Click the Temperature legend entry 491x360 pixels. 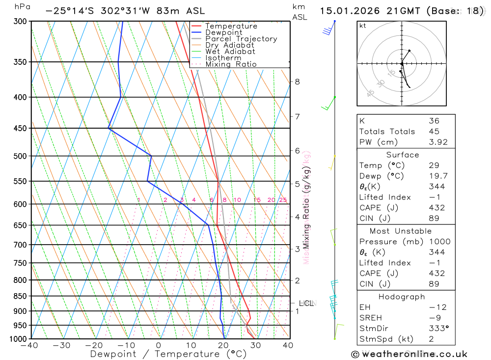[x=231, y=26]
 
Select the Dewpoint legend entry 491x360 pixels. [x=223, y=32]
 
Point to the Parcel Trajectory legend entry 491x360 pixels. [x=241, y=39]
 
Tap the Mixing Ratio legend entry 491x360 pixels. [x=231, y=64]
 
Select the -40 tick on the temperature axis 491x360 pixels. [x=30, y=345]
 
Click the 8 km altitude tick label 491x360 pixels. [x=298, y=82]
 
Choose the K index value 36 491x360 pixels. [x=434, y=121]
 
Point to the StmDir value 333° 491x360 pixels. [x=436, y=329]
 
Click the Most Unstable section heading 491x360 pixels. [x=401, y=231]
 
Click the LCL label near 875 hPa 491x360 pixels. [x=306, y=303]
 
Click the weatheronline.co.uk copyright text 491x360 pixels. [x=409, y=354]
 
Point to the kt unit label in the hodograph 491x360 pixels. [x=363, y=26]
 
